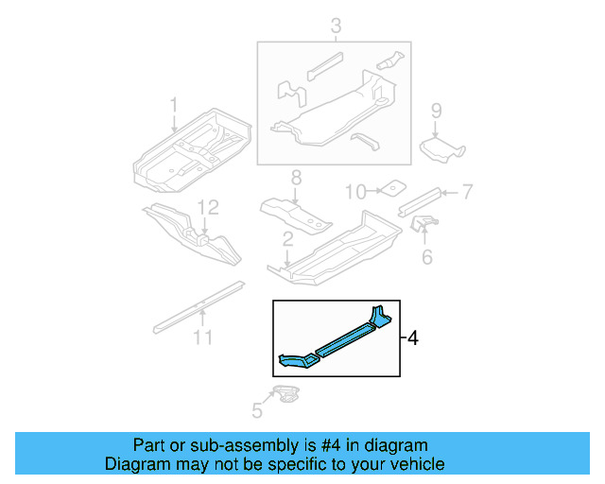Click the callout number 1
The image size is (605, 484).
pos(174,103)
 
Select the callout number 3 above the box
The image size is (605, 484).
pos(334,26)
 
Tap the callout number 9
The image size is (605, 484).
pos(436,112)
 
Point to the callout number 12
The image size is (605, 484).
pos(207,205)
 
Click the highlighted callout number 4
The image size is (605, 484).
pos(411,337)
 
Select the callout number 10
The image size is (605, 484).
pos(354,192)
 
